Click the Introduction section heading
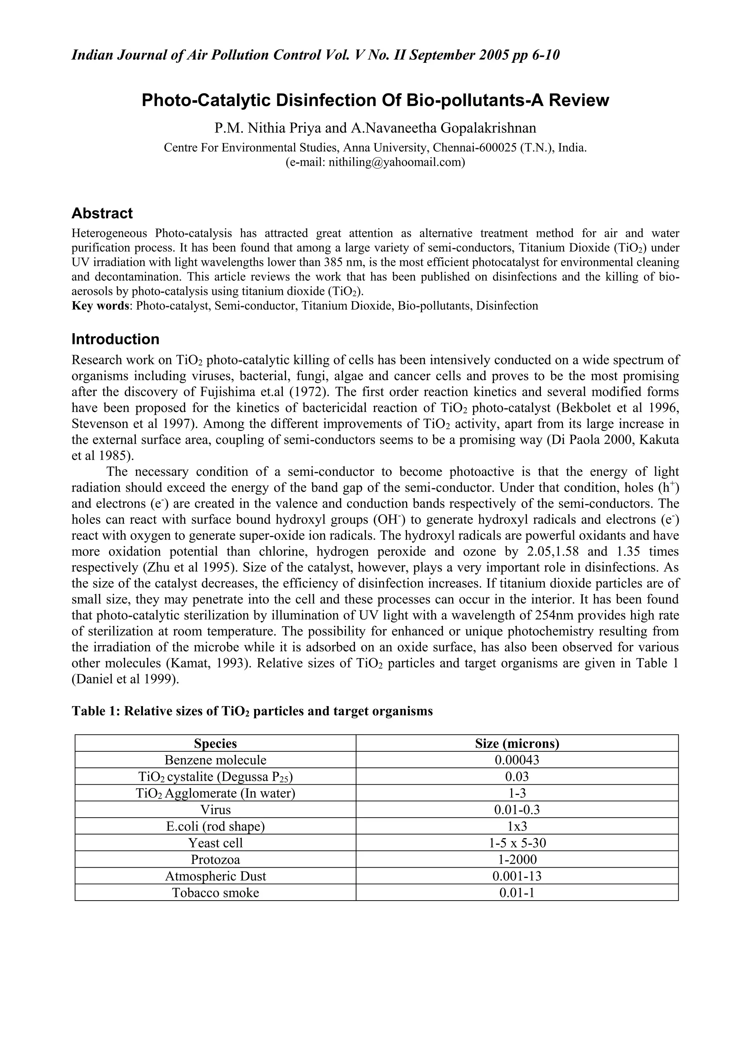pyautogui.click(x=115, y=339)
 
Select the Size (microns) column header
pyautogui.click(x=517, y=743)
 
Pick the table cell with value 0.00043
pyautogui.click(x=517, y=760)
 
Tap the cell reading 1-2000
pyautogui.click(x=517, y=860)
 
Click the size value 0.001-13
pyautogui.click(x=517, y=876)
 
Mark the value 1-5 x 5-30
pyautogui.click(x=517, y=843)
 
